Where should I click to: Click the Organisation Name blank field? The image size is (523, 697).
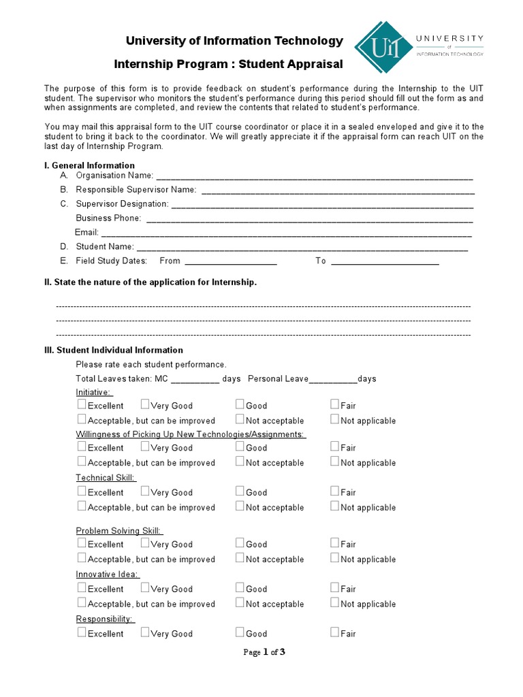314,176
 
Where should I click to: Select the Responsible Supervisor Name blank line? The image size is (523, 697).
337,190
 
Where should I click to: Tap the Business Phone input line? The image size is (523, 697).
309,218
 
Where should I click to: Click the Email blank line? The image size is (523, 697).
287,233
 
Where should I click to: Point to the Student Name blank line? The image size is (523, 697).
302,247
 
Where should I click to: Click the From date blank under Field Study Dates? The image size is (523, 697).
231,261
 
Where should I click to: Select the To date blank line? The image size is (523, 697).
385,261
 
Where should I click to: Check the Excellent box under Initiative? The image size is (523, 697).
82,404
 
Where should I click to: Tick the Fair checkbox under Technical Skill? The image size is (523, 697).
335,491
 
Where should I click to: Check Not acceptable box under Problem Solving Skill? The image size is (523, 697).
240,558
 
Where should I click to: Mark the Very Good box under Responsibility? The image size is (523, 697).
145,632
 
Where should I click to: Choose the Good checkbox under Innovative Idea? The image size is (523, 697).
240,587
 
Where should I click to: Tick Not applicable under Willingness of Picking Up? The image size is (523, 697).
335,461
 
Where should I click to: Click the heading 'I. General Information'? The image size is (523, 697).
89,165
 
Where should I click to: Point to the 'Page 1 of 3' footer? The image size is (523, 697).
264,652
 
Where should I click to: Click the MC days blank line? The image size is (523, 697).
195,379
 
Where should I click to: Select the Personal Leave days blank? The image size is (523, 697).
333,379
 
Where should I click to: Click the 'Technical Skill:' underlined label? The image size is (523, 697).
106,478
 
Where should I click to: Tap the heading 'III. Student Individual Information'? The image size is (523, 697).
113,350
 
